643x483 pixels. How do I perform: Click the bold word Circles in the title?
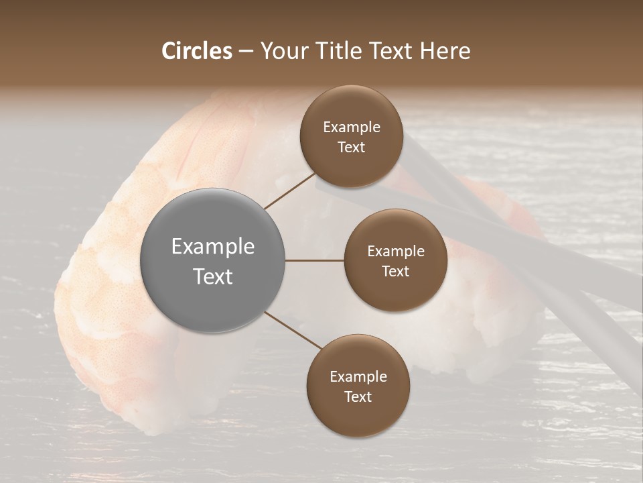(196, 50)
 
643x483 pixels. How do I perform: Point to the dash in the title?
(245, 52)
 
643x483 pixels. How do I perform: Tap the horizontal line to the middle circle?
(315, 260)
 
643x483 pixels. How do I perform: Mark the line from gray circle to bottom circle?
(293, 331)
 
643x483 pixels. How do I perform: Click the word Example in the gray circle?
(213, 247)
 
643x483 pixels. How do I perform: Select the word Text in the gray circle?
(213, 276)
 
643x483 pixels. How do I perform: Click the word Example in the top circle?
(352, 127)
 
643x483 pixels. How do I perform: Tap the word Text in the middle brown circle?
(395, 271)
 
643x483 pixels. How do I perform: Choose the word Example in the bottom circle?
(358, 377)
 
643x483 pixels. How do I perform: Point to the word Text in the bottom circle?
(358, 396)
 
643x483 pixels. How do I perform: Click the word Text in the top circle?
(351, 147)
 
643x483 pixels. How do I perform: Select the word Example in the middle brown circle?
(396, 252)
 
